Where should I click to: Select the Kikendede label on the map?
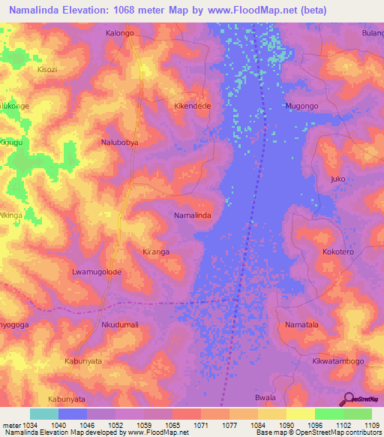tap(193, 107)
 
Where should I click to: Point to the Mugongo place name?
tap(301, 107)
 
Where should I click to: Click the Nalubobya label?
tap(120, 141)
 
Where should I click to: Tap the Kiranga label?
tap(156, 252)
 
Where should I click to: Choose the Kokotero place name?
tap(337, 252)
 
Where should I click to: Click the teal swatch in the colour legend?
tap(44, 414)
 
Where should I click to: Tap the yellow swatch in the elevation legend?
tap(300, 414)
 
